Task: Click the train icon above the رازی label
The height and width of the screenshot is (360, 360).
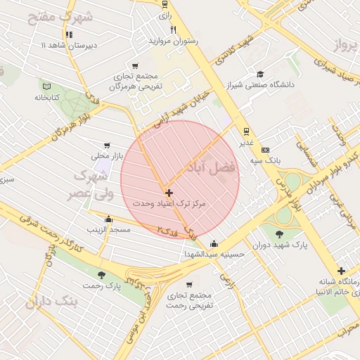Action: [x=165, y=4]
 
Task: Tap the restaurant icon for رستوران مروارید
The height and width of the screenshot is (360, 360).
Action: [x=174, y=30]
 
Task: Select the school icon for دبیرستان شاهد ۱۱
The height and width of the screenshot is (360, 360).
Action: [x=68, y=34]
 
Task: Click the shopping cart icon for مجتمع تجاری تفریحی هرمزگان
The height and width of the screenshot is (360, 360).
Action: [x=136, y=65]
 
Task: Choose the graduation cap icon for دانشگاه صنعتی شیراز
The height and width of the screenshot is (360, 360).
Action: [x=260, y=74]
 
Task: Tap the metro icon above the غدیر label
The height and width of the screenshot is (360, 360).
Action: [x=246, y=131]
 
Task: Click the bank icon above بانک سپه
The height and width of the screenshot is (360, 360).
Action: [x=265, y=150]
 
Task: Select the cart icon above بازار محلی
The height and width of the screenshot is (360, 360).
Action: [x=107, y=145]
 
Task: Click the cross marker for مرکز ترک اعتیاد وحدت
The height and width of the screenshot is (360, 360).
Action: [x=169, y=192]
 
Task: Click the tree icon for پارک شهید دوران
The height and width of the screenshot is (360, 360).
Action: [x=281, y=233]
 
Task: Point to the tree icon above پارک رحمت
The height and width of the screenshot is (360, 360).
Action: [x=101, y=275]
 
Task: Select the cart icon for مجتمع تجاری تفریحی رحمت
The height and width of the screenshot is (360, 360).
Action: [x=191, y=286]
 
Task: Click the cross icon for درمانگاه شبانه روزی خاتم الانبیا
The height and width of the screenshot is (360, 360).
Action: [x=341, y=271]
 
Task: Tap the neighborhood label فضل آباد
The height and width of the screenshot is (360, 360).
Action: [x=210, y=168]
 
